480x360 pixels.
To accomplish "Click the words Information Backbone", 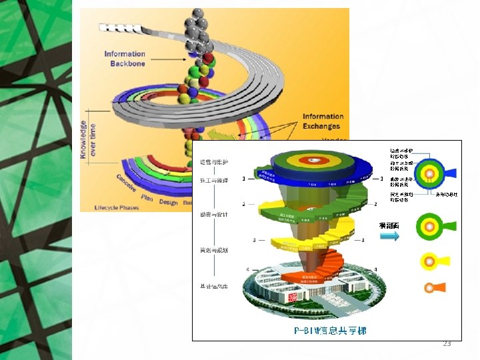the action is pos(125,59).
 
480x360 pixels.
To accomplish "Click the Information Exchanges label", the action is pos(322,121).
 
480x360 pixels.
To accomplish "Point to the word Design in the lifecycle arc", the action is pos(169,202).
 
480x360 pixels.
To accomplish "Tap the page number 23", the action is pos(447,343).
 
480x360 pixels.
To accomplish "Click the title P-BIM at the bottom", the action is pos(330,330).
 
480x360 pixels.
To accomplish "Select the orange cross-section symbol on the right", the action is pos(433,287).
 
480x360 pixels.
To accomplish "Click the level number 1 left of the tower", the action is pos(244,178).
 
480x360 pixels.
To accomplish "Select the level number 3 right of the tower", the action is pos(362,240).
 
